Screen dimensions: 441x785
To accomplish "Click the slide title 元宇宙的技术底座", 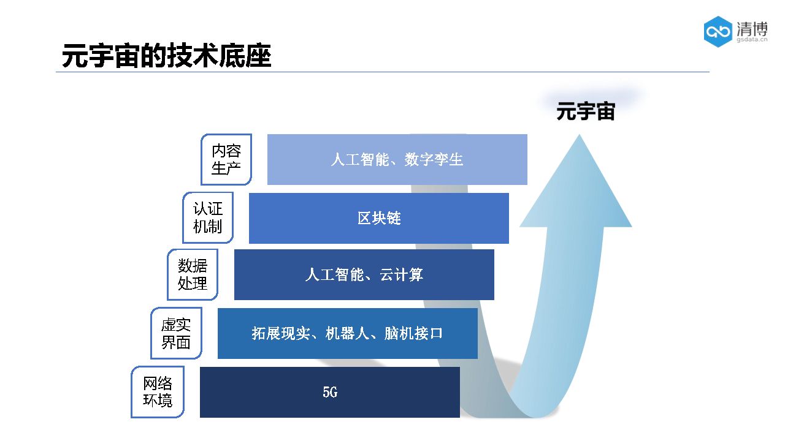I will pos(166,56).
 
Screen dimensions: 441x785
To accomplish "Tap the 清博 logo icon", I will pos(718,32).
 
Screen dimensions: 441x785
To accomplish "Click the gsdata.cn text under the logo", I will pos(752,39).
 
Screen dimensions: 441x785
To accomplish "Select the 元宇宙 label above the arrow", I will pos(585,112).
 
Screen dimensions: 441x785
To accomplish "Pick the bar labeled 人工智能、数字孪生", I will pos(397,159).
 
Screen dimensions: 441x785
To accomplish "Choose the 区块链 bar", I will pos(378,218).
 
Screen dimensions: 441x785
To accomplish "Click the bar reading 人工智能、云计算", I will pos(364,274).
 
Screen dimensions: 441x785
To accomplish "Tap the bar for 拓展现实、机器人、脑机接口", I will pos(347,333).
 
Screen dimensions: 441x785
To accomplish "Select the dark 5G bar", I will pos(329,392).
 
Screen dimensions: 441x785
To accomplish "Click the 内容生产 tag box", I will pos(226,159).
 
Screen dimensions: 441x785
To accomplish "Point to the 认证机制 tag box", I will pos(208,218).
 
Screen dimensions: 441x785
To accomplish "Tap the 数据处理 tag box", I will pos(193,274).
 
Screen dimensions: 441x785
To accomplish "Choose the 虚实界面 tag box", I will pos(176,333).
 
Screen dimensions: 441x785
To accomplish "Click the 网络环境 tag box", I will pos(158,392).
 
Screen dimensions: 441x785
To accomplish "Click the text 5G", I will pos(330,393).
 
